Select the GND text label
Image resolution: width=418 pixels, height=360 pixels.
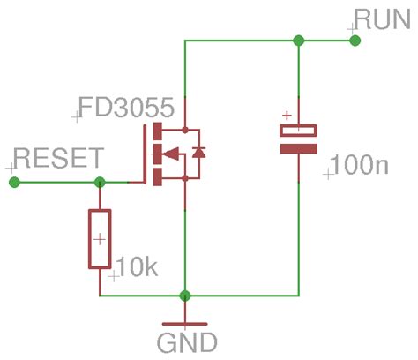pyautogui.click(x=186, y=341)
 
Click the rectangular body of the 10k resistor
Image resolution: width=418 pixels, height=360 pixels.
pyautogui.click(x=99, y=238)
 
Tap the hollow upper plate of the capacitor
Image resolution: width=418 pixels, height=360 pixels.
pyautogui.click(x=298, y=131)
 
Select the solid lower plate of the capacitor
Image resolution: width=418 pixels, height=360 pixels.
pyautogui.click(x=298, y=148)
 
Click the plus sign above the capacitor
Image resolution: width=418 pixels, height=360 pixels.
pyautogui.click(x=286, y=115)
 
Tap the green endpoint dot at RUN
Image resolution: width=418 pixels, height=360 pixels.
pyautogui.click(x=355, y=41)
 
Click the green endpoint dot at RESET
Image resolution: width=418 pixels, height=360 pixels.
pyautogui.click(x=14, y=182)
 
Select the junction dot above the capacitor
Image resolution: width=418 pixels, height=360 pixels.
pyautogui.click(x=298, y=41)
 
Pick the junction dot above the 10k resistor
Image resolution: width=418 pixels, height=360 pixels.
pyautogui.click(x=99, y=182)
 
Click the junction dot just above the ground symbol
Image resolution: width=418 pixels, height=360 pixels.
pyautogui.click(x=185, y=295)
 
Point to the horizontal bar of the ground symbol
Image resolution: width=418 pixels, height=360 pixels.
pyautogui.click(x=185, y=323)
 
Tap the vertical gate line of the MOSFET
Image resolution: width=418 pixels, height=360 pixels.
pyautogui.click(x=146, y=154)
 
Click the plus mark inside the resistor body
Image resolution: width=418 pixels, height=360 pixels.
pyautogui.click(x=100, y=239)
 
